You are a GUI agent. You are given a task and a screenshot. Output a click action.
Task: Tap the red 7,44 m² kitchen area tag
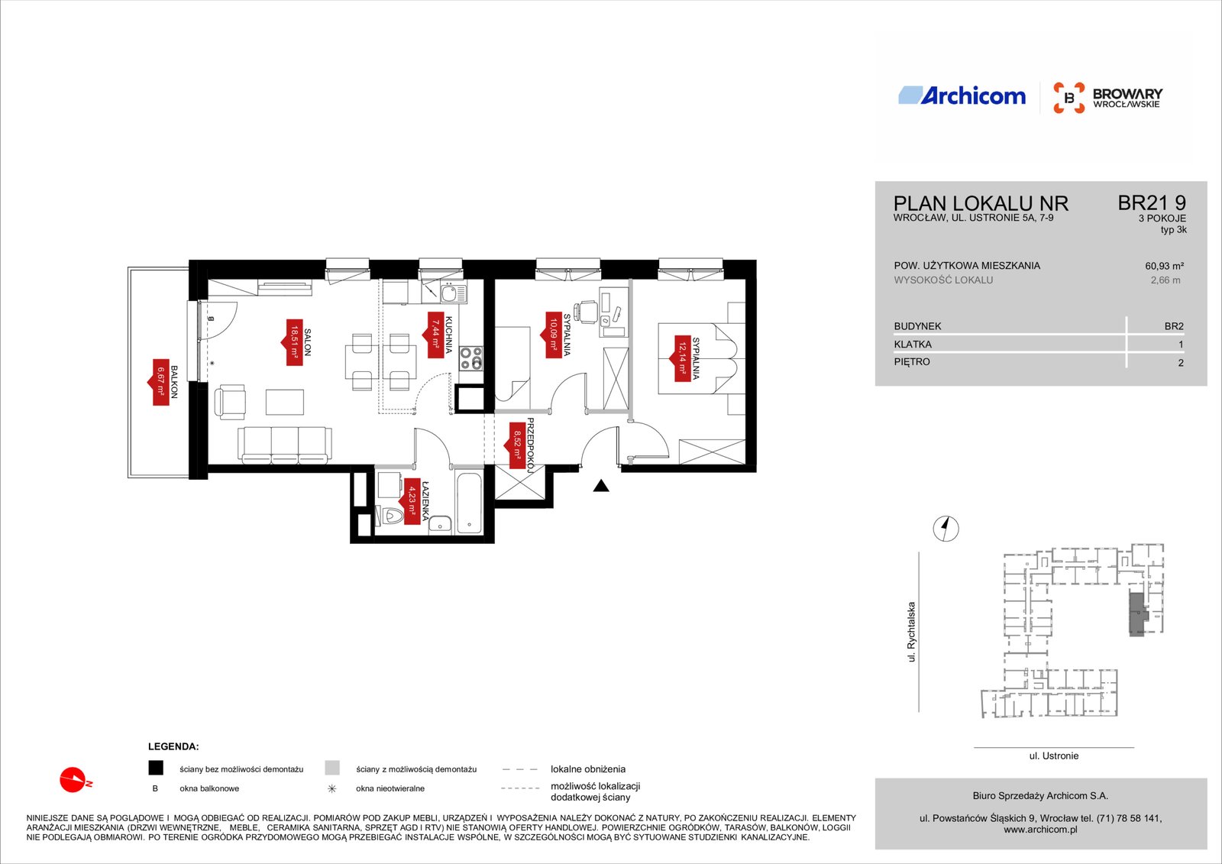[435, 335]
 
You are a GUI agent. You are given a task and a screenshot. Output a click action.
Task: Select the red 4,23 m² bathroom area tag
[412, 501]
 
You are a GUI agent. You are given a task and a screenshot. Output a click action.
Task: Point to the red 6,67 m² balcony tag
[160, 382]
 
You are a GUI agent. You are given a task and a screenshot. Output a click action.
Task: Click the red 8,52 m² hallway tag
[516, 446]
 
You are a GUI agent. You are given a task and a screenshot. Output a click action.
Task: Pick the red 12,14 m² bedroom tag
[682, 358]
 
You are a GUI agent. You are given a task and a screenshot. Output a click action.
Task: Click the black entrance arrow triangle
[601, 485]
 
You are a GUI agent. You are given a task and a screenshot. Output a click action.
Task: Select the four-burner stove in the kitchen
[470, 358]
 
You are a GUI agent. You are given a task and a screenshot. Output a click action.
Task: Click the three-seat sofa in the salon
[284, 445]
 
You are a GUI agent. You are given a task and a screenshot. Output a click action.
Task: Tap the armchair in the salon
[230, 402]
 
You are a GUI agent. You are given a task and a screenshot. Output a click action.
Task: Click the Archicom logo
[962, 96]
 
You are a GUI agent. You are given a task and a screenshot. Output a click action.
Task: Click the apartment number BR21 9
[1152, 203]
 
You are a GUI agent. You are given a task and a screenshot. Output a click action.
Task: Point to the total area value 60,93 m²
[1164, 266]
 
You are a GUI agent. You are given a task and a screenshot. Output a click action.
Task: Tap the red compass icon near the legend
[74, 780]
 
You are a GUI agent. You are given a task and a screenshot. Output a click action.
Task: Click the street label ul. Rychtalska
[911, 632]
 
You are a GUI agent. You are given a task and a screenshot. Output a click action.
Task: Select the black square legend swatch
[156, 768]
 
